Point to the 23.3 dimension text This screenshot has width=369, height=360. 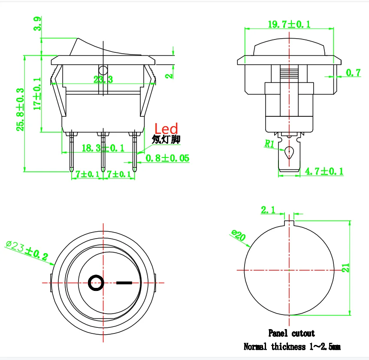103,79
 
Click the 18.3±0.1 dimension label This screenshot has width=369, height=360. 103,148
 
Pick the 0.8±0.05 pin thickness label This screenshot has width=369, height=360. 167,158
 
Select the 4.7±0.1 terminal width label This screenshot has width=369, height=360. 324,171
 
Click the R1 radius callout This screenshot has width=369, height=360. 269,144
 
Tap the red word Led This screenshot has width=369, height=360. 166,128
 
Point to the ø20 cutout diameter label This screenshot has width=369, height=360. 238,235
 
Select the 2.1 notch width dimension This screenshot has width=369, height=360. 267,210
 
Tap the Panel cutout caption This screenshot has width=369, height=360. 291,333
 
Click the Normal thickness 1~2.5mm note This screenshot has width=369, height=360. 292,346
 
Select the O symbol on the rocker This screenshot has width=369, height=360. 96,283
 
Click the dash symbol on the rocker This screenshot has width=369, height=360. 124,283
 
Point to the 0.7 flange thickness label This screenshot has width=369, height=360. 353,73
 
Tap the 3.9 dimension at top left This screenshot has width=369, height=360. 37,24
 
